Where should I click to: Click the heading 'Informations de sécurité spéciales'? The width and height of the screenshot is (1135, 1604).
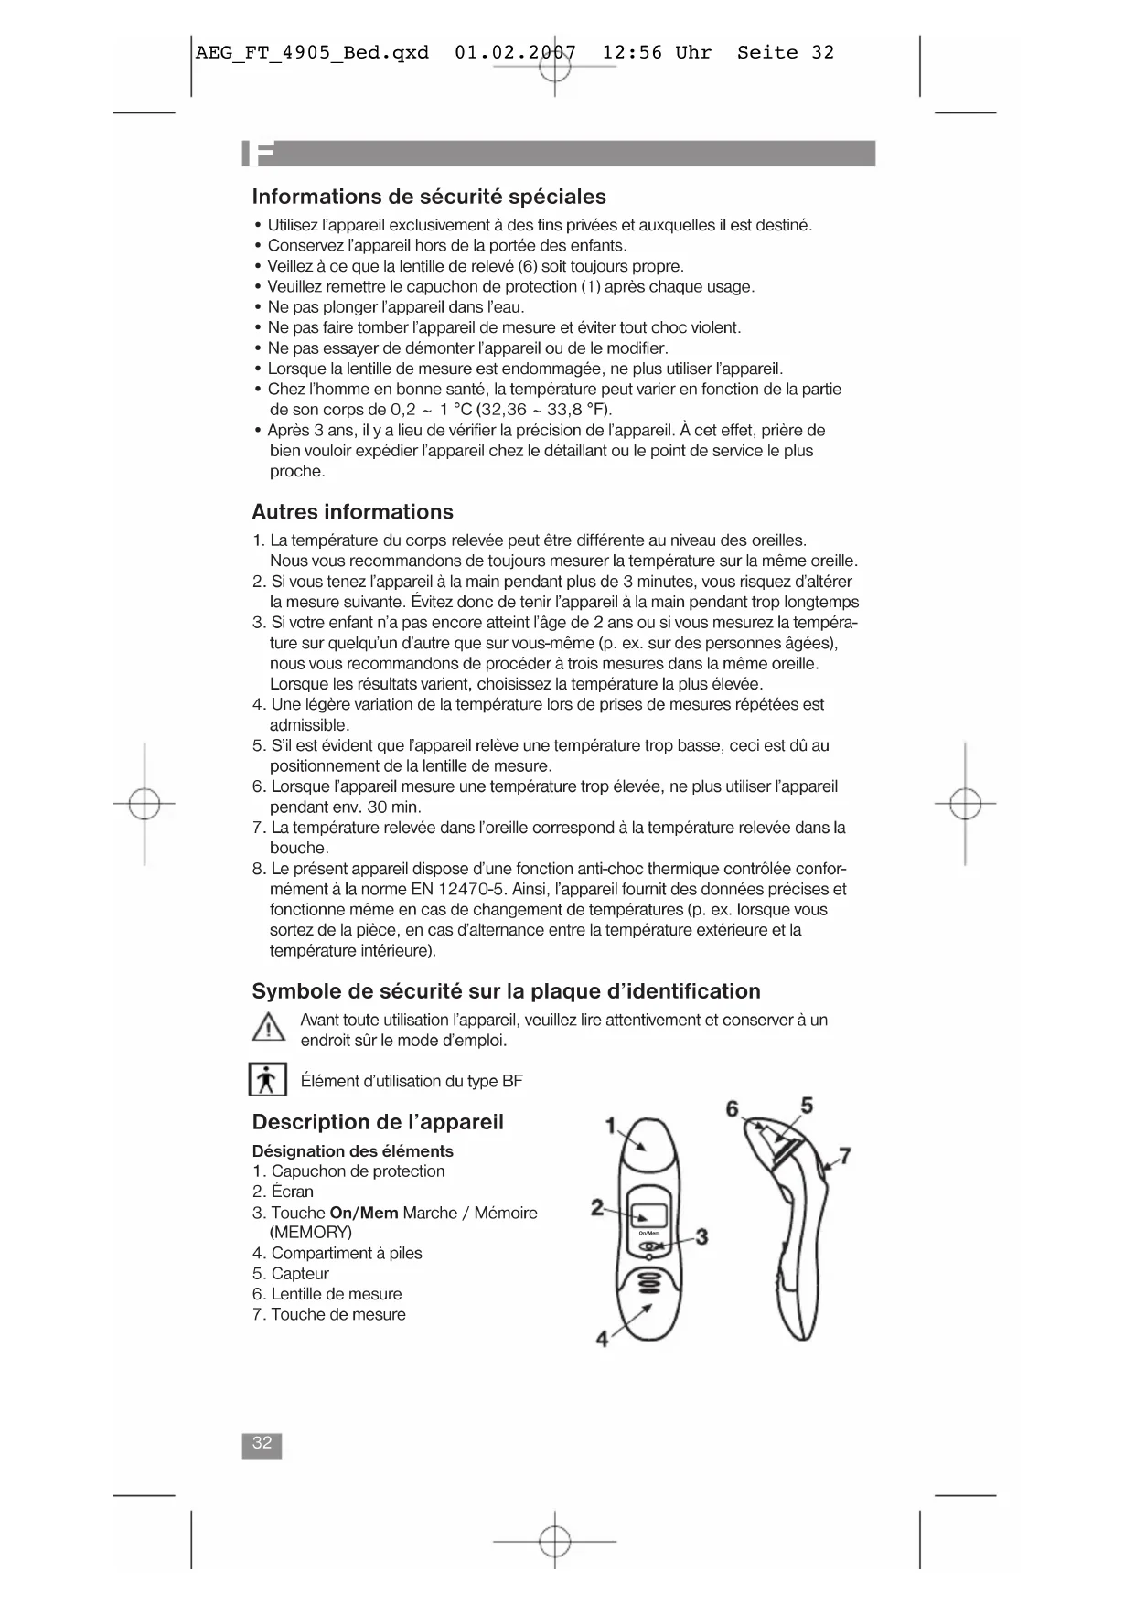pyautogui.click(x=429, y=197)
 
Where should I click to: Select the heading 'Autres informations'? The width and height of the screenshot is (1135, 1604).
pyautogui.click(x=352, y=512)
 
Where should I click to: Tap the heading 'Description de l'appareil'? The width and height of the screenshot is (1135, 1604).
pyautogui.click(x=378, y=1122)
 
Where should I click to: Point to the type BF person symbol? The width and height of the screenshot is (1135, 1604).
pyautogui.click(x=268, y=1080)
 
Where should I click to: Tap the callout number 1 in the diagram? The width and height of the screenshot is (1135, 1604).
pyautogui.click(x=611, y=1126)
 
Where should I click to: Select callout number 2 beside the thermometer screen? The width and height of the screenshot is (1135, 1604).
pyautogui.click(x=596, y=1208)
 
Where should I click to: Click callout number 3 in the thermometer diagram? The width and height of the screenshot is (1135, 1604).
pyautogui.click(x=701, y=1237)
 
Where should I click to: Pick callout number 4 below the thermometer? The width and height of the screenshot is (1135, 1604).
pyautogui.click(x=602, y=1340)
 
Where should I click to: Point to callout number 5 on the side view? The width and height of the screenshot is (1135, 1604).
pyautogui.click(x=807, y=1105)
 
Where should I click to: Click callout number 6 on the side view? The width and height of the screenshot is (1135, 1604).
pyautogui.click(x=733, y=1109)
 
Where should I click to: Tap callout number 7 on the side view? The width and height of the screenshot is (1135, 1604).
pyautogui.click(x=845, y=1156)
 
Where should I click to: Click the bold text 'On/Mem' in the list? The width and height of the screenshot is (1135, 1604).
pyautogui.click(x=364, y=1213)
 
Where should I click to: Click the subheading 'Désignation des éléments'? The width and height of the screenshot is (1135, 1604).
pyautogui.click(x=352, y=1151)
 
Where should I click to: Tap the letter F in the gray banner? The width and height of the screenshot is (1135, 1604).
pyautogui.click(x=262, y=155)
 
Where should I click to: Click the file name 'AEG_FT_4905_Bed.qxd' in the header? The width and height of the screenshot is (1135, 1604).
pyautogui.click(x=312, y=52)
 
